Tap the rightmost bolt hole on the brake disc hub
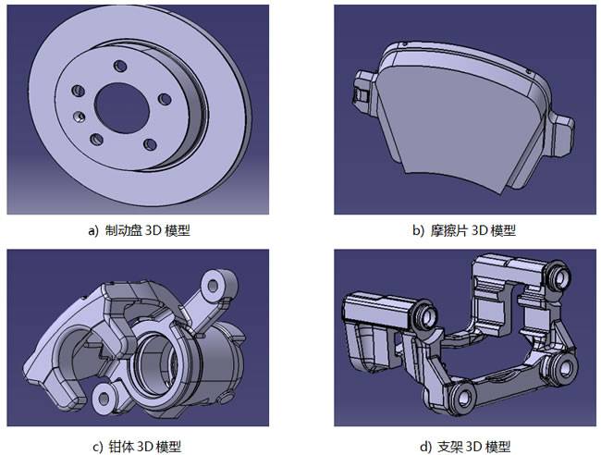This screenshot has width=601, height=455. (x=164, y=97)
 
